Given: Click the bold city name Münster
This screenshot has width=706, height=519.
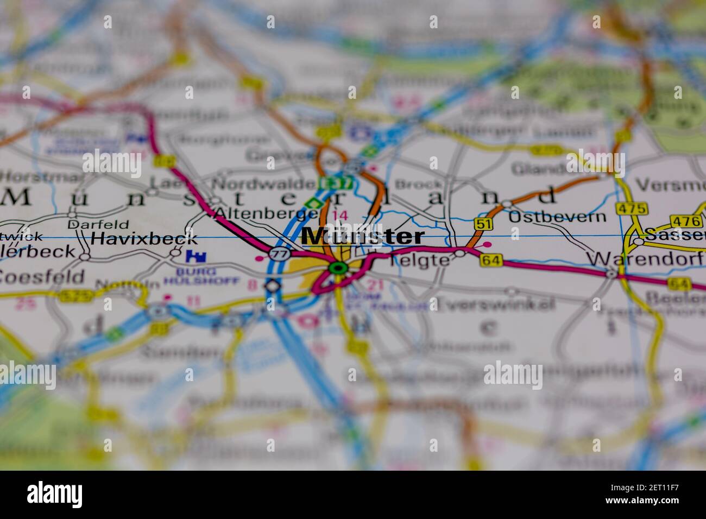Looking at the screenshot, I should point(363,237).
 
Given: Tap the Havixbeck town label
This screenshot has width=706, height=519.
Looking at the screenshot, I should point(144,238).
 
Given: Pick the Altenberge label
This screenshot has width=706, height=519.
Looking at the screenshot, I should point(266,214).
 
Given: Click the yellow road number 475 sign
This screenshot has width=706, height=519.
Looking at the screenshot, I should point(632,208).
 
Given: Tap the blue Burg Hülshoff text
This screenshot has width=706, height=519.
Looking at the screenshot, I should point(201,276).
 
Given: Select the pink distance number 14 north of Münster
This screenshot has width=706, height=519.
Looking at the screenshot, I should point(340,216).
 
